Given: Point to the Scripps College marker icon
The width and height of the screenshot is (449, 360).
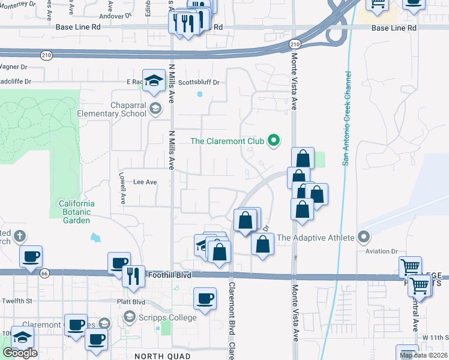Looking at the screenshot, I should (128, 316).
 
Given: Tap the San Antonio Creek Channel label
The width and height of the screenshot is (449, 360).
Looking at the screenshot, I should (346, 119).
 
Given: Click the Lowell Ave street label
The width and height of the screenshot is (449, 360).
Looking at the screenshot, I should (122, 190).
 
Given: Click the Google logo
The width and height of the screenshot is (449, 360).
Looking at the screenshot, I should (20, 353).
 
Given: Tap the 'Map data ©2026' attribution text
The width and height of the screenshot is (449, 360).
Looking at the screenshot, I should (423, 355).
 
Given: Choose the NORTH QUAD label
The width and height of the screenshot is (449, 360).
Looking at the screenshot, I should (158, 355).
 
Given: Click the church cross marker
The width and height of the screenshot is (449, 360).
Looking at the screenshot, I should (19, 235).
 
